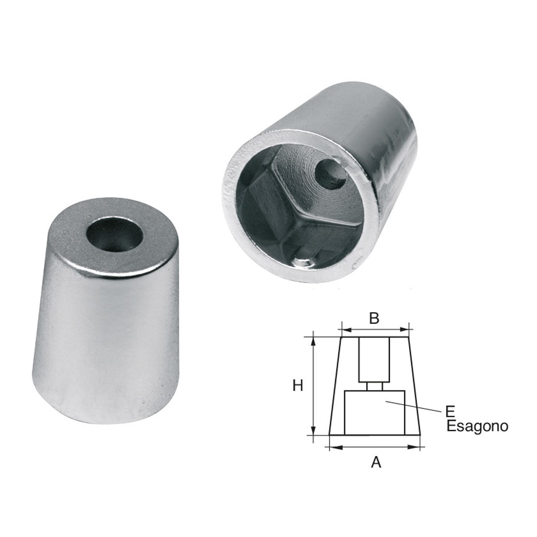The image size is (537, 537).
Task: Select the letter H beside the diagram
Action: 298,385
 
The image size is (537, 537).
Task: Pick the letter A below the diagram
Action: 376,462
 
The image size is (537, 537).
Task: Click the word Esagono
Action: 477,426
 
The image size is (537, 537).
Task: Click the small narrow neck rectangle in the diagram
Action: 375,386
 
